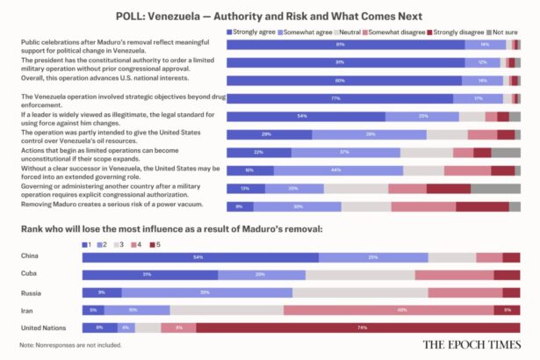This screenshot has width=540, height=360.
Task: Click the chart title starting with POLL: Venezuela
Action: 270,16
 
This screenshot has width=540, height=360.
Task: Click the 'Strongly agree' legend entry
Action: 253,31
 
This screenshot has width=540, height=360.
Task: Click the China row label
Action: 30,256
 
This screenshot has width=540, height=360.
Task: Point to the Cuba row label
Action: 29,274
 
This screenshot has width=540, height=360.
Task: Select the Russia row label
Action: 32,292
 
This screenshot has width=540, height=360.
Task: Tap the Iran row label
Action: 28,310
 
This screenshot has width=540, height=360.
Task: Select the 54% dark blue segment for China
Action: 200,256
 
